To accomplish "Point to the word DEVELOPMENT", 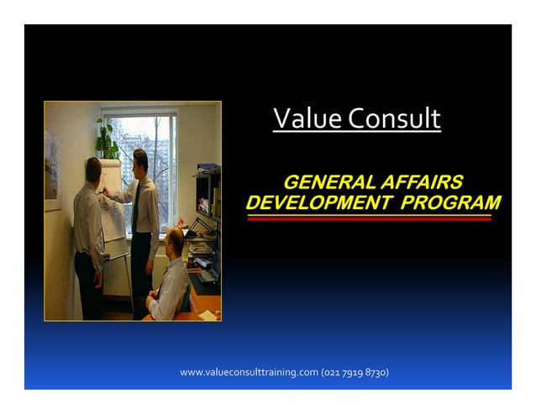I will pyautogui.click(x=318, y=202).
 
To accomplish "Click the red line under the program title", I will pyautogui.click(x=369, y=219).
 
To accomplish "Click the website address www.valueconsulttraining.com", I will pyautogui.click(x=249, y=372).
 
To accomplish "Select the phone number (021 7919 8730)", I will pyautogui.click(x=355, y=372).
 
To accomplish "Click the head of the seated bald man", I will pyautogui.click(x=174, y=242).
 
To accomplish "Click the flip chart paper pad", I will pyautogui.click(x=113, y=210).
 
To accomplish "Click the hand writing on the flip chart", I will pyautogui.click(x=106, y=192).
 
